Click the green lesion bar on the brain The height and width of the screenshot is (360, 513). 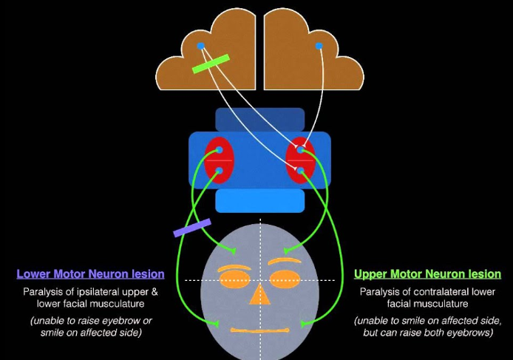(x=211, y=64)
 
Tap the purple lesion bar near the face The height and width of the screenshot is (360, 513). (x=192, y=228)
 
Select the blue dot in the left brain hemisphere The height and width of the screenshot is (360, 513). (x=200, y=46)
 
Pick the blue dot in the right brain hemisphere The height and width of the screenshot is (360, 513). (x=319, y=46)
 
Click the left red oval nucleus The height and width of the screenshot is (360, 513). (x=219, y=160)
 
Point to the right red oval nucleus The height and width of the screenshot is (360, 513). (x=301, y=160)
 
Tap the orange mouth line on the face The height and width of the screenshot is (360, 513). (x=259, y=329)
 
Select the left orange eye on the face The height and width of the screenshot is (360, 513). (x=233, y=279)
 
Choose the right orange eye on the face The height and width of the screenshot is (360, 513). (x=286, y=279)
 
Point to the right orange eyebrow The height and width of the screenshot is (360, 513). (x=285, y=260)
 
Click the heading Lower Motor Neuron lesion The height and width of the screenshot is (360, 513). (x=90, y=274)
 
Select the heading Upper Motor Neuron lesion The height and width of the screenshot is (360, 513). (x=427, y=274)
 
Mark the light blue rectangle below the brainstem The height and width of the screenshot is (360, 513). (x=259, y=200)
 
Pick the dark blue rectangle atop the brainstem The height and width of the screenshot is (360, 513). (x=259, y=118)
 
